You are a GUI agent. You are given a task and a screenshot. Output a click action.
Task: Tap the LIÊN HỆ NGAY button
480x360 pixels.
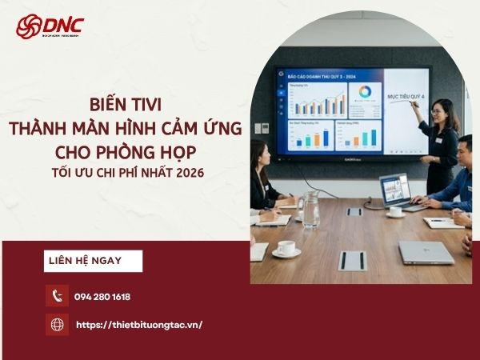(93, 261)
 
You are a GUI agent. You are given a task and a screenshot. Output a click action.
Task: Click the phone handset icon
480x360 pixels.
(57, 296)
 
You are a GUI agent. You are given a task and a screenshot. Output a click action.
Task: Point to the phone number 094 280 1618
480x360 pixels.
(102, 297)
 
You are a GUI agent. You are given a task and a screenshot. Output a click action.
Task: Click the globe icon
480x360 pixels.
(57, 325)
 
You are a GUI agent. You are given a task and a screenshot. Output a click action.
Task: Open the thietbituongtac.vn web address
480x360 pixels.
(138, 325)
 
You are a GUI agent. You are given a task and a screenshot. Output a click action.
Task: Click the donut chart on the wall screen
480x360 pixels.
(364, 93)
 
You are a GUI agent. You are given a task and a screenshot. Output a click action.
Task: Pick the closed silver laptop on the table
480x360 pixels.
(426, 252)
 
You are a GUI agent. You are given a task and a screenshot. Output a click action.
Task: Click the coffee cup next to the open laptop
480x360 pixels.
(395, 212)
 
